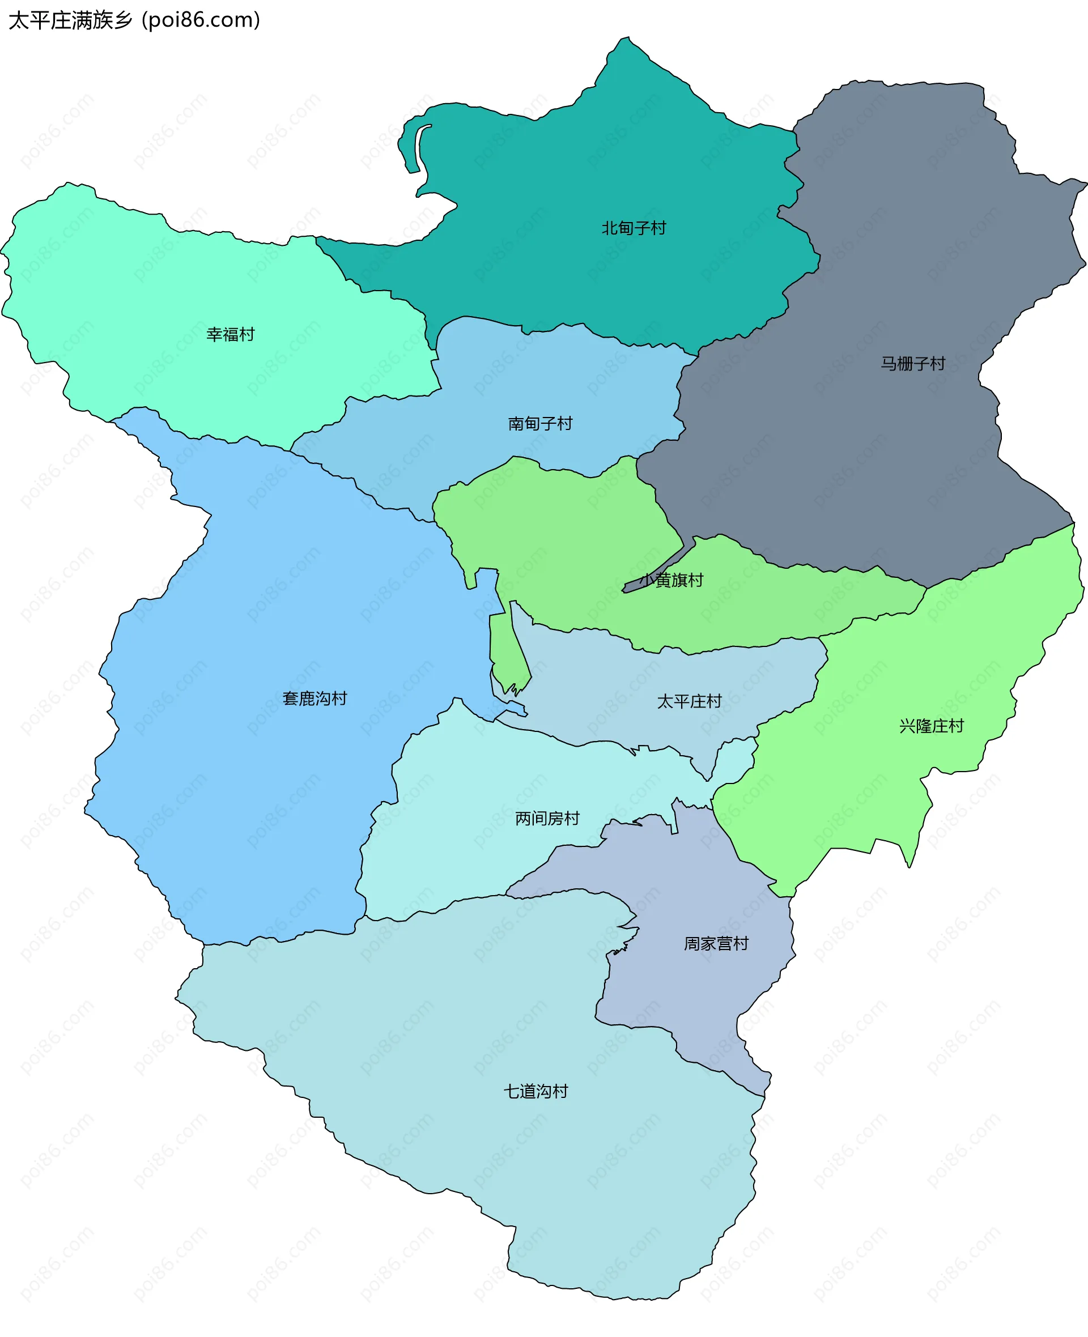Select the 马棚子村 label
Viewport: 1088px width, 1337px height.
click(x=912, y=363)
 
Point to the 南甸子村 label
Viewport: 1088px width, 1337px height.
click(x=540, y=424)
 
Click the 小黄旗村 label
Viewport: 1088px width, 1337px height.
click(x=672, y=580)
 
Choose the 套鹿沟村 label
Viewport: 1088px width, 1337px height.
click(x=314, y=699)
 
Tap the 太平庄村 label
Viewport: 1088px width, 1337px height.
click(x=690, y=701)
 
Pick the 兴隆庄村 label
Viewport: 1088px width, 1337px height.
click(x=932, y=726)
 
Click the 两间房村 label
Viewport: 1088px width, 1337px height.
click(x=547, y=818)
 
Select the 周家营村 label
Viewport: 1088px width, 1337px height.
click(x=716, y=943)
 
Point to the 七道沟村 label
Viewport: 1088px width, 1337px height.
click(x=536, y=1091)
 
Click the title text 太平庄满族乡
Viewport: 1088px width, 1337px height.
click(x=70, y=20)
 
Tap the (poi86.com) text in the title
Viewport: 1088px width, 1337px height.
click(x=201, y=20)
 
